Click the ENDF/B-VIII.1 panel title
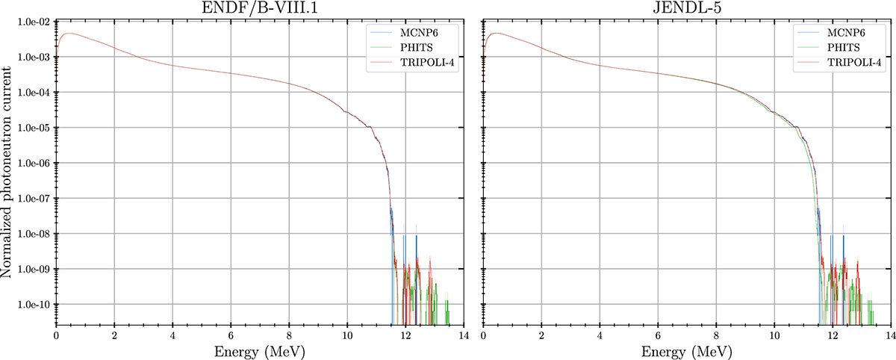coord(259,9)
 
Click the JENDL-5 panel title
coord(686,9)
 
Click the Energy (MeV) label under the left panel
coord(259,350)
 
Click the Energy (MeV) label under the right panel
coord(686,350)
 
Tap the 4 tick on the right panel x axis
coord(600,334)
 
